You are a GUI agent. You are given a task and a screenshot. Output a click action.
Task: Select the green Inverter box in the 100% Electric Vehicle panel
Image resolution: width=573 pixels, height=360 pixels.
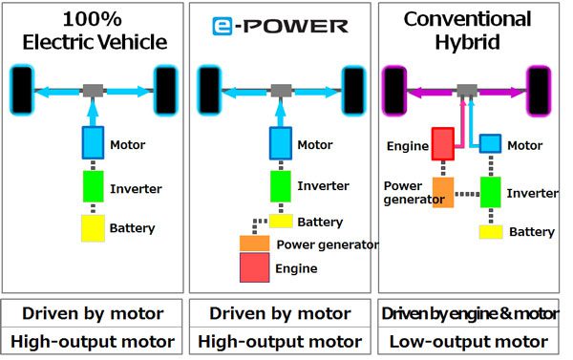(93, 185)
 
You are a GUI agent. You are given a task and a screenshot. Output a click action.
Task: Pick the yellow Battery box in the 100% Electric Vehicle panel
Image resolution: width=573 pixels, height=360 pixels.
(93, 227)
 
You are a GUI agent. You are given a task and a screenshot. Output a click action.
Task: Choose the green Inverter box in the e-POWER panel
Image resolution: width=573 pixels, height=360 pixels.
(281, 185)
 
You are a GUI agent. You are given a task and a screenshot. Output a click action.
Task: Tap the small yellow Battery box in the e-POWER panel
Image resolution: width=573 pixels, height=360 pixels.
(280, 221)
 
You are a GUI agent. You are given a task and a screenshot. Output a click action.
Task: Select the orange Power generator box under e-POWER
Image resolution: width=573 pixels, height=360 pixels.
(253, 244)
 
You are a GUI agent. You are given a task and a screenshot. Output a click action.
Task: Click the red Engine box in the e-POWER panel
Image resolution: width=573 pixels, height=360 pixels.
(253, 268)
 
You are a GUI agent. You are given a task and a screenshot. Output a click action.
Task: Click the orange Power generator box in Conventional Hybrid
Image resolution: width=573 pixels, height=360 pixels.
(443, 192)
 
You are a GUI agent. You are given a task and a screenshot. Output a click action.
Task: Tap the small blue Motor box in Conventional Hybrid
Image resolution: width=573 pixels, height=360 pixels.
(490, 142)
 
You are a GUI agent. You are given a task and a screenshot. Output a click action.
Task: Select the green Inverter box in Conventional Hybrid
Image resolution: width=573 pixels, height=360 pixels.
(490, 192)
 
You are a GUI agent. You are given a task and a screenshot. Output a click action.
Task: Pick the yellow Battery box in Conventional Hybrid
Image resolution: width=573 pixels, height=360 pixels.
(490, 231)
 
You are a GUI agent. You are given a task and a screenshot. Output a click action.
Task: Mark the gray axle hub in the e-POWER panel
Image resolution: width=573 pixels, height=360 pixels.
(280, 91)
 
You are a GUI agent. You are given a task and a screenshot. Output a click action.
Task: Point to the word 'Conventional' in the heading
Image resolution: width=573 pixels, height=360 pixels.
(468, 18)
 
